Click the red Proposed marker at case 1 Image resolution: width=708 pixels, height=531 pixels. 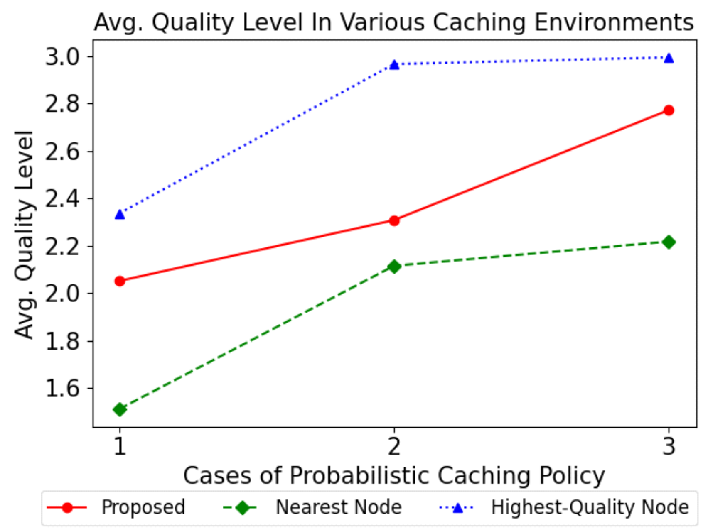point(120,281)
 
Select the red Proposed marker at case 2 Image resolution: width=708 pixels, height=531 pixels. point(394,220)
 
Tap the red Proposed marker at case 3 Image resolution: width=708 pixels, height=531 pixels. point(669,110)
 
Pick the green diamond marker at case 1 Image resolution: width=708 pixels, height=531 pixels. point(120,410)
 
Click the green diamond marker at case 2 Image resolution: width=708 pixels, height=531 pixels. point(394,267)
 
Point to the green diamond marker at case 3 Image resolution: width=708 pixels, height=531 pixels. point(669,242)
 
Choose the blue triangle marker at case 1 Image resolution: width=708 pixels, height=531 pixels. point(120,214)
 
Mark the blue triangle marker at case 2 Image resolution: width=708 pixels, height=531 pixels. point(394,64)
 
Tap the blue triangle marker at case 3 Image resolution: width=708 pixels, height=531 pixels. point(669,58)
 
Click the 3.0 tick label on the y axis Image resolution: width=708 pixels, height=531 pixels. point(62,57)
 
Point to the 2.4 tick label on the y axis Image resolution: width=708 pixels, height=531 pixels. point(62,199)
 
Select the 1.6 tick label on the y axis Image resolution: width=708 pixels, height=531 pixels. point(62,389)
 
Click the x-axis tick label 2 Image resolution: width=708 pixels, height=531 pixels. point(394,446)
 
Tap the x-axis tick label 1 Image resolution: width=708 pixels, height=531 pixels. point(120,446)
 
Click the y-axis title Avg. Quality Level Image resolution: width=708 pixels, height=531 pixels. point(24,235)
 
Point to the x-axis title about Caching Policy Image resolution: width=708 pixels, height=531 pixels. point(394,475)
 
